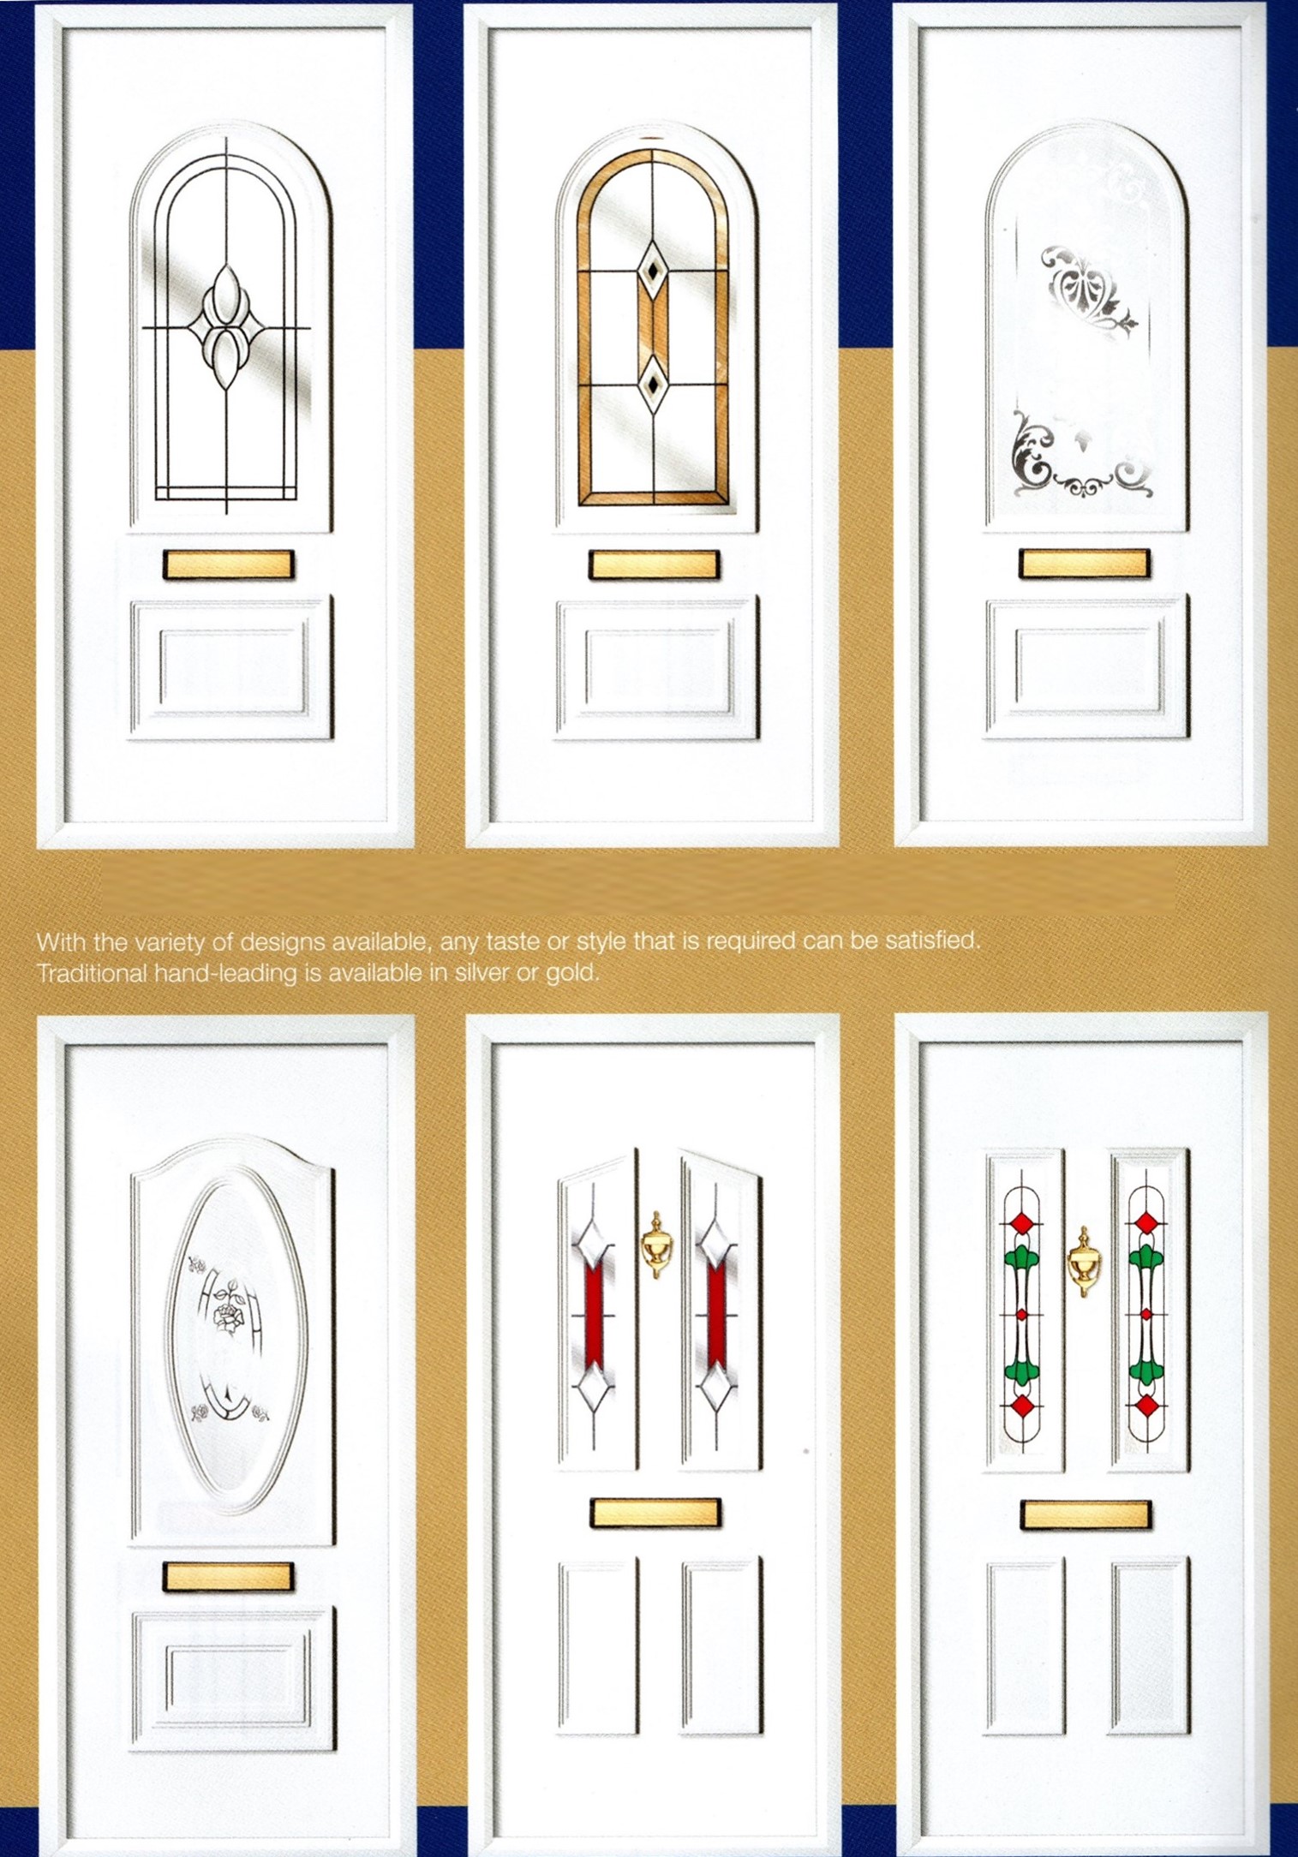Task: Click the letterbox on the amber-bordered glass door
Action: [x=654, y=564]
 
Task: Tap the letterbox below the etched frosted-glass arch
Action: [x=1084, y=564]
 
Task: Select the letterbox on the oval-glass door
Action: [x=228, y=1576]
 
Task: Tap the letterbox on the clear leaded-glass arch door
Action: [x=228, y=564]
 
